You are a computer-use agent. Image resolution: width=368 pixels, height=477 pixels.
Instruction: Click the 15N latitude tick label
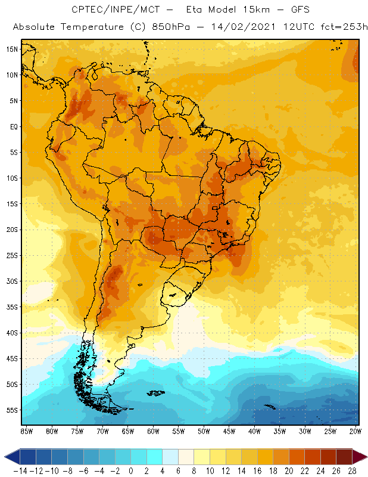point(12,49)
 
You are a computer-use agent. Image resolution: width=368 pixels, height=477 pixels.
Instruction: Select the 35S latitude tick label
point(12,306)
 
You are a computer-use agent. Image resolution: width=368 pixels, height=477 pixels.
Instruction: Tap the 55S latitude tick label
point(12,410)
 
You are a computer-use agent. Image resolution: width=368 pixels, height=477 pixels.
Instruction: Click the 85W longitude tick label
point(26,431)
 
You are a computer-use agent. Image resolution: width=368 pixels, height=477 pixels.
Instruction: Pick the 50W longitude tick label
point(204,431)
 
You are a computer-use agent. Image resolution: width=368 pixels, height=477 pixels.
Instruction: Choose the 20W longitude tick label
point(355,431)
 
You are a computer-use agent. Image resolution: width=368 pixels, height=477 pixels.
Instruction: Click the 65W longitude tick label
point(127,431)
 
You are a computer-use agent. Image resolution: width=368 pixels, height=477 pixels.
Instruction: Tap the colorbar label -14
point(20,470)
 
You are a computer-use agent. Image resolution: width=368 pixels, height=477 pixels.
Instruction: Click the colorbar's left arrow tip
point(5,457)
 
